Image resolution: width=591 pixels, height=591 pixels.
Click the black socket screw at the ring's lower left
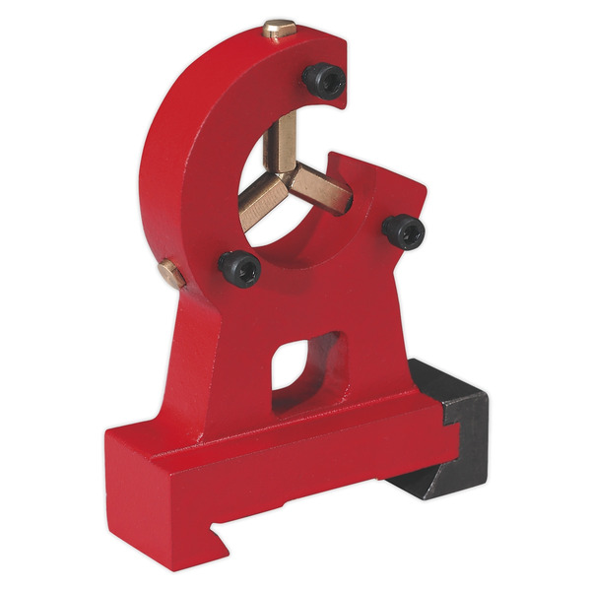240,266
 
